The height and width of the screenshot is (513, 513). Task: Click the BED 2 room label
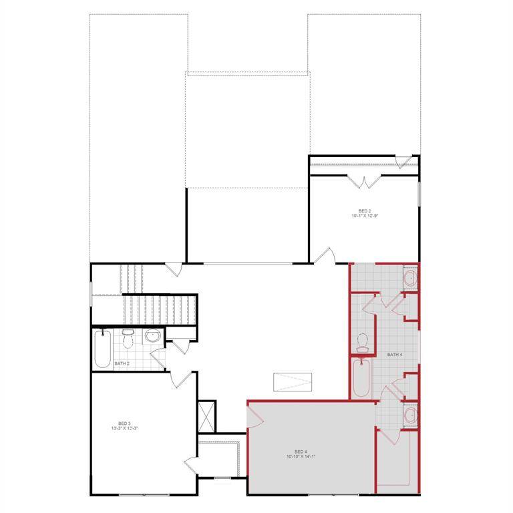pos(364,210)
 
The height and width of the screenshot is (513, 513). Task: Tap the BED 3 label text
pos(124,423)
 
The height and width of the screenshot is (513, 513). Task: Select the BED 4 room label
pos(300,452)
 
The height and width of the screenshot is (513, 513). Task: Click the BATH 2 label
pos(121,363)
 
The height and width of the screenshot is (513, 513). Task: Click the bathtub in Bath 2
pos(102,349)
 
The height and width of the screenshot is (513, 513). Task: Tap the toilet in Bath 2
pos(128,338)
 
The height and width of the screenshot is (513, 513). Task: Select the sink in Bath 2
pos(152,337)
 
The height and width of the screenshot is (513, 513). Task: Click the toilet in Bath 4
pos(363,342)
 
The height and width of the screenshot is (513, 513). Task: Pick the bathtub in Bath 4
pos(361,379)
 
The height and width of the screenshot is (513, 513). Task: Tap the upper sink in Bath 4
pos(410,277)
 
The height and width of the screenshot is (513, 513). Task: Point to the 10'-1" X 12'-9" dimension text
pos(364,216)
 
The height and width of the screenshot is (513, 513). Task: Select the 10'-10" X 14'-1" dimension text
pos(300,457)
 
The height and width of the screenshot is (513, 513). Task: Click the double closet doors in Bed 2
pos(365,180)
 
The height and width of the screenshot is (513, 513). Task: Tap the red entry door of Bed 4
pos(256,417)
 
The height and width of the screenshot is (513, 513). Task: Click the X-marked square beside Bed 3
pos(206,416)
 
